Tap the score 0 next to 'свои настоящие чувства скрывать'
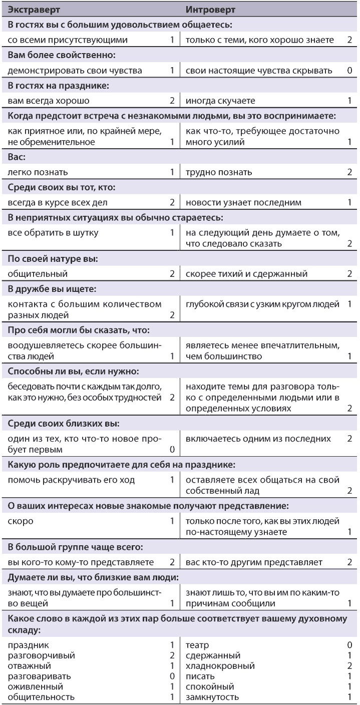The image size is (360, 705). click(349, 71)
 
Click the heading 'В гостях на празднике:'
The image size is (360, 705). click(59, 86)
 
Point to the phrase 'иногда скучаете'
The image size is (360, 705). click(220, 101)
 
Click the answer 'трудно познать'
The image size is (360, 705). click(219, 172)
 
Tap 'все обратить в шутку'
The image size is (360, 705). click(54, 233)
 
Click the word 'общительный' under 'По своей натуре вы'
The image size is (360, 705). click(38, 274)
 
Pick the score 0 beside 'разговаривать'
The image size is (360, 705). click(172, 676)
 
